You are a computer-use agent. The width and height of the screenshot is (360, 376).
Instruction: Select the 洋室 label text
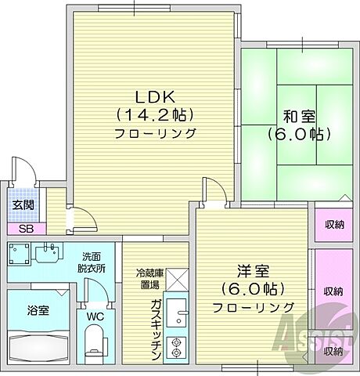255,272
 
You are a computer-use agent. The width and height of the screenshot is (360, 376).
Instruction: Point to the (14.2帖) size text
154,114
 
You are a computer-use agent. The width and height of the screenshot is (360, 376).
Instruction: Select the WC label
95,316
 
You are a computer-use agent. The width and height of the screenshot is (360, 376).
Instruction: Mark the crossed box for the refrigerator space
177,278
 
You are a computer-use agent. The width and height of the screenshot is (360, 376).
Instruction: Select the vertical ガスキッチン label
156,329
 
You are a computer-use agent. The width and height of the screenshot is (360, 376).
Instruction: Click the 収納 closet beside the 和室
334,225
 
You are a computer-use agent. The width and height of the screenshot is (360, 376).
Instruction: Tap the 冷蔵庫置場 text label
148,279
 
